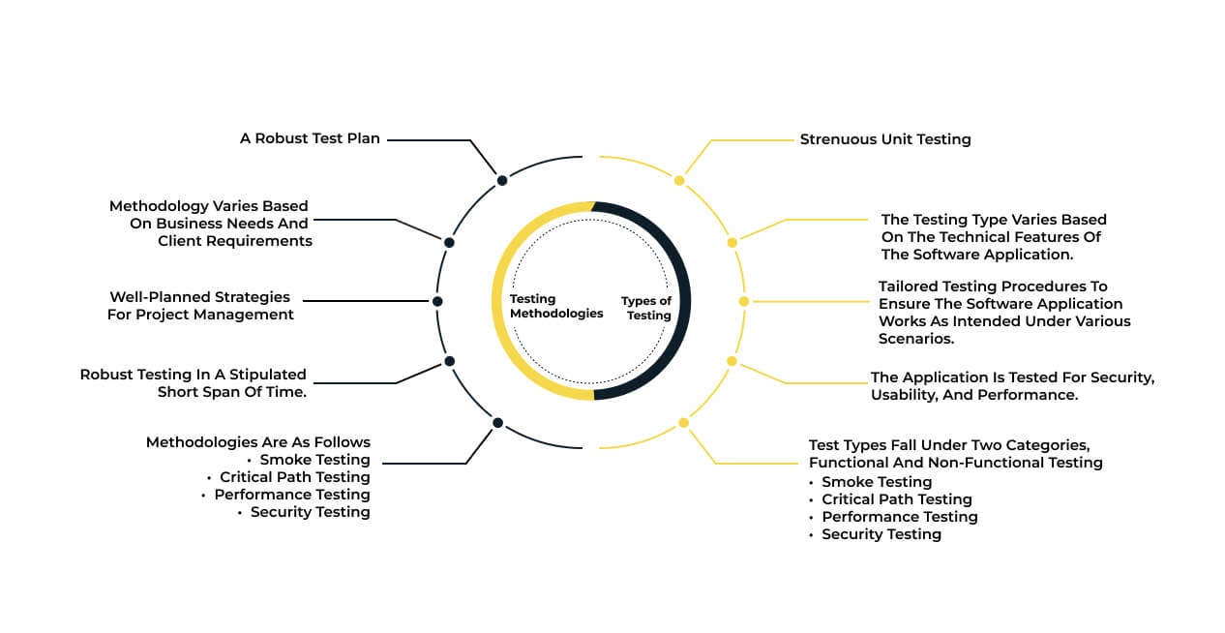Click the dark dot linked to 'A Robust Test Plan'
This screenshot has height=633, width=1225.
502,181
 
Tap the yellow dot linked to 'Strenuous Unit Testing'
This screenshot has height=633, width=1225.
679,181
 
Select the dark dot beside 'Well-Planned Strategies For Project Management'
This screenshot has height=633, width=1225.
437,301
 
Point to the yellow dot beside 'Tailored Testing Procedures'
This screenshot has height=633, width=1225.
744,301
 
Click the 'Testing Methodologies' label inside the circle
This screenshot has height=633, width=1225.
556,306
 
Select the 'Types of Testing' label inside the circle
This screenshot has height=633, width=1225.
646,308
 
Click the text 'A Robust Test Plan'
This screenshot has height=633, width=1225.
310,138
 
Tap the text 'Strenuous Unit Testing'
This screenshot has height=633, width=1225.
885,139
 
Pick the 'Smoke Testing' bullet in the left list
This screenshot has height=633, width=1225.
315,460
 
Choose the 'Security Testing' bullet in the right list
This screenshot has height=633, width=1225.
881,534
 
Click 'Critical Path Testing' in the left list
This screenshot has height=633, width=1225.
295,477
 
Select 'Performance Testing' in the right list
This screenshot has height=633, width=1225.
900,517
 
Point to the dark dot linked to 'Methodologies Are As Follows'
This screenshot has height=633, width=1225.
497,422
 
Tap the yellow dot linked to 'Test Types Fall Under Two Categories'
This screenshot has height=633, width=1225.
683,422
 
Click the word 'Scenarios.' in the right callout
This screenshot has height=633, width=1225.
916,339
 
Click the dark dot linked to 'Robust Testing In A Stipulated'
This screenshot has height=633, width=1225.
450,361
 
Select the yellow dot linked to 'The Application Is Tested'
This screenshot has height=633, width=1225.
732,361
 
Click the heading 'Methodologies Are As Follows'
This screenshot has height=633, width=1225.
258,442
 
